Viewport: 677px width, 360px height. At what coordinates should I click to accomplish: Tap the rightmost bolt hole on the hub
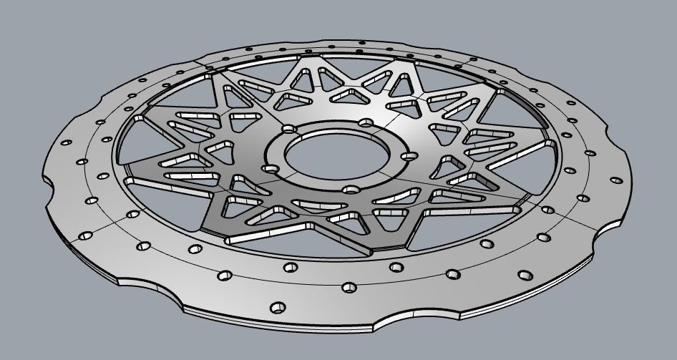(x=410, y=155)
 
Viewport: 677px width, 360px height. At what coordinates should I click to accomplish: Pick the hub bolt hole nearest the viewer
(x=351, y=189)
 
